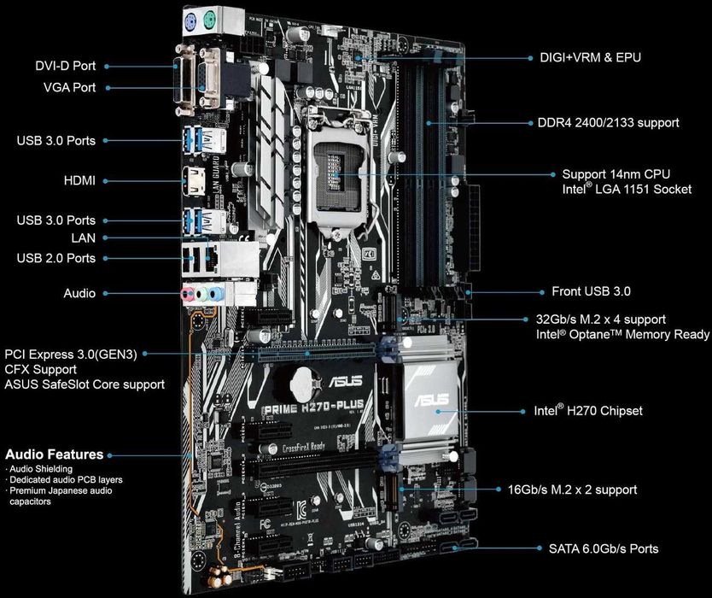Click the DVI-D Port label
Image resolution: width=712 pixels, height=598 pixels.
(x=66, y=65)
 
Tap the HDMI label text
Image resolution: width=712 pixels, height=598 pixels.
(x=79, y=180)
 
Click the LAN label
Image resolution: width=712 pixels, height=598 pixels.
(x=85, y=238)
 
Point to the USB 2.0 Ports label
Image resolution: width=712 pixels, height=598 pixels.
(x=56, y=258)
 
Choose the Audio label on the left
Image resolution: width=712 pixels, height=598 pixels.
(x=79, y=293)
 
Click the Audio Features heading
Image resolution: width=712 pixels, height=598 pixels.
(x=55, y=454)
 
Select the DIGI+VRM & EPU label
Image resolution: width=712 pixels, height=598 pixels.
(x=590, y=58)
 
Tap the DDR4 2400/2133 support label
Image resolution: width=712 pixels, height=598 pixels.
(x=609, y=123)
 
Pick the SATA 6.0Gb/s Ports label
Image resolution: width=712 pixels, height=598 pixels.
(x=597, y=548)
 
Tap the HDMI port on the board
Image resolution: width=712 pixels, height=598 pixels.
(x=190, y=180)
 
